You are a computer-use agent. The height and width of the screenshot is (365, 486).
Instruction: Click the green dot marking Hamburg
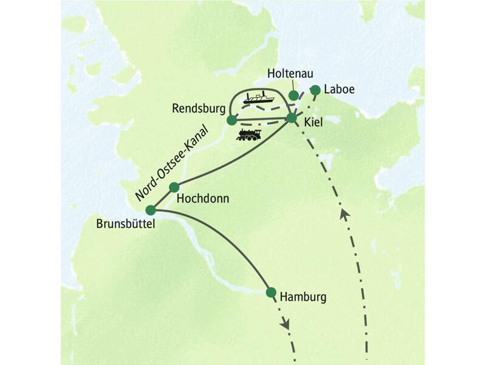[x=271, y=292]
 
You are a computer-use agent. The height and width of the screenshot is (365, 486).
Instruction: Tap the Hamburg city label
[x=303, y=297]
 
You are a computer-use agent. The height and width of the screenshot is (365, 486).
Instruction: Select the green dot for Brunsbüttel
[x=151, y=210]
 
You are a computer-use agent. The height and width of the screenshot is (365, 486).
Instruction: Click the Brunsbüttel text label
[x=126, y=224]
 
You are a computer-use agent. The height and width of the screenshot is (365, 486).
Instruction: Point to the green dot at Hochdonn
[x=174, y=187]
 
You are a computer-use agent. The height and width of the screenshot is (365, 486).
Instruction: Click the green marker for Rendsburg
[x=231, y=120]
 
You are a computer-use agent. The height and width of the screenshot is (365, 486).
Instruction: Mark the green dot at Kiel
[x=292, y=117]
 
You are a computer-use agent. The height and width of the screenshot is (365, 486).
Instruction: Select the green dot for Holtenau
[x=293, y=96]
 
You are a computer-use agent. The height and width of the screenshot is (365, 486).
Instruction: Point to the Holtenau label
[x=290, y=73]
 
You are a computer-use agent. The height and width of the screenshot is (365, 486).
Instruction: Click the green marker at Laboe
[x=315, y=91]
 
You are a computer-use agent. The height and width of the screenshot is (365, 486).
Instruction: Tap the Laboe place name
[x=339, y=90]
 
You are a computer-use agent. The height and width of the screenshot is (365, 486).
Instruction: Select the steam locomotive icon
[x=249, y=135]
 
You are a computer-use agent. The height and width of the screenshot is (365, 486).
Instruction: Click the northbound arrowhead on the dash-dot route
[x=344, y=214]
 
